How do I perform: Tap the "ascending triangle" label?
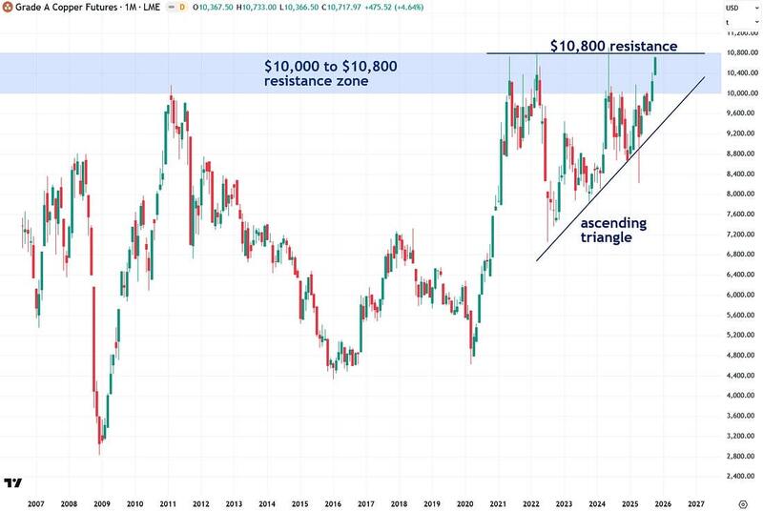click(614, 230)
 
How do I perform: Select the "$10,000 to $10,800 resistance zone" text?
click(331, 73)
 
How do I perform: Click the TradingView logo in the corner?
click(13, 483)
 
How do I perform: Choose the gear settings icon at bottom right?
click(742, 501)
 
